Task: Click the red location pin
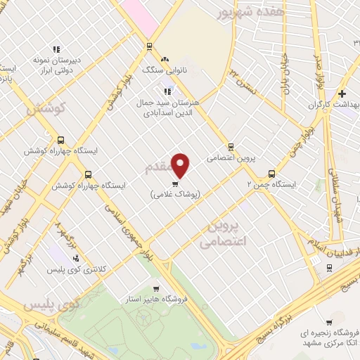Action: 181,164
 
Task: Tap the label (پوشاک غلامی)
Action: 176,194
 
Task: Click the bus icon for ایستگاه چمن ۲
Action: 271,174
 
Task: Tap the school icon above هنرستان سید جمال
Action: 167,91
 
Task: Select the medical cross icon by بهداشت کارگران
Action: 342,94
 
